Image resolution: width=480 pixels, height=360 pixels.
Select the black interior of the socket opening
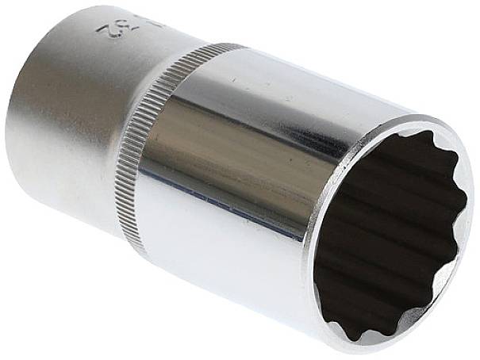coord(389,238)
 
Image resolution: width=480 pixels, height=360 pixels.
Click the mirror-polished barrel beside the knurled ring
coord(238,159)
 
